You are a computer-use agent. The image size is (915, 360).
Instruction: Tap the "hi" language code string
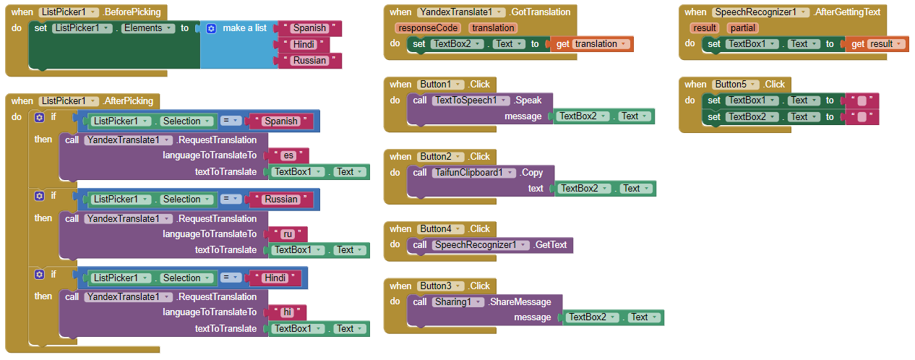click(288, 312)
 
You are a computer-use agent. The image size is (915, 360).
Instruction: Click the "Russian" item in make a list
click(309, 61)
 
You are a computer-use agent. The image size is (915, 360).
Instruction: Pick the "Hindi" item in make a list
click(304, 44)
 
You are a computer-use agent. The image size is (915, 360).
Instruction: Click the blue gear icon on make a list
click(211, 28)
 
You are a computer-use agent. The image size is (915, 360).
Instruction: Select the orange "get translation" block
click(593, 44)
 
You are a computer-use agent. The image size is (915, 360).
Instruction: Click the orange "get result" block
click(875, 44)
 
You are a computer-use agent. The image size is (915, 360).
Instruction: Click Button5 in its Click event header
click(735, 85)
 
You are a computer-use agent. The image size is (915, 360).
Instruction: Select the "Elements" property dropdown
click(147, 28)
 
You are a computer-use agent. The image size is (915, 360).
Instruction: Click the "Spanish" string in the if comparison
click(280, 121)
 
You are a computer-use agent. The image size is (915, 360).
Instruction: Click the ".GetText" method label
click(551, 245)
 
